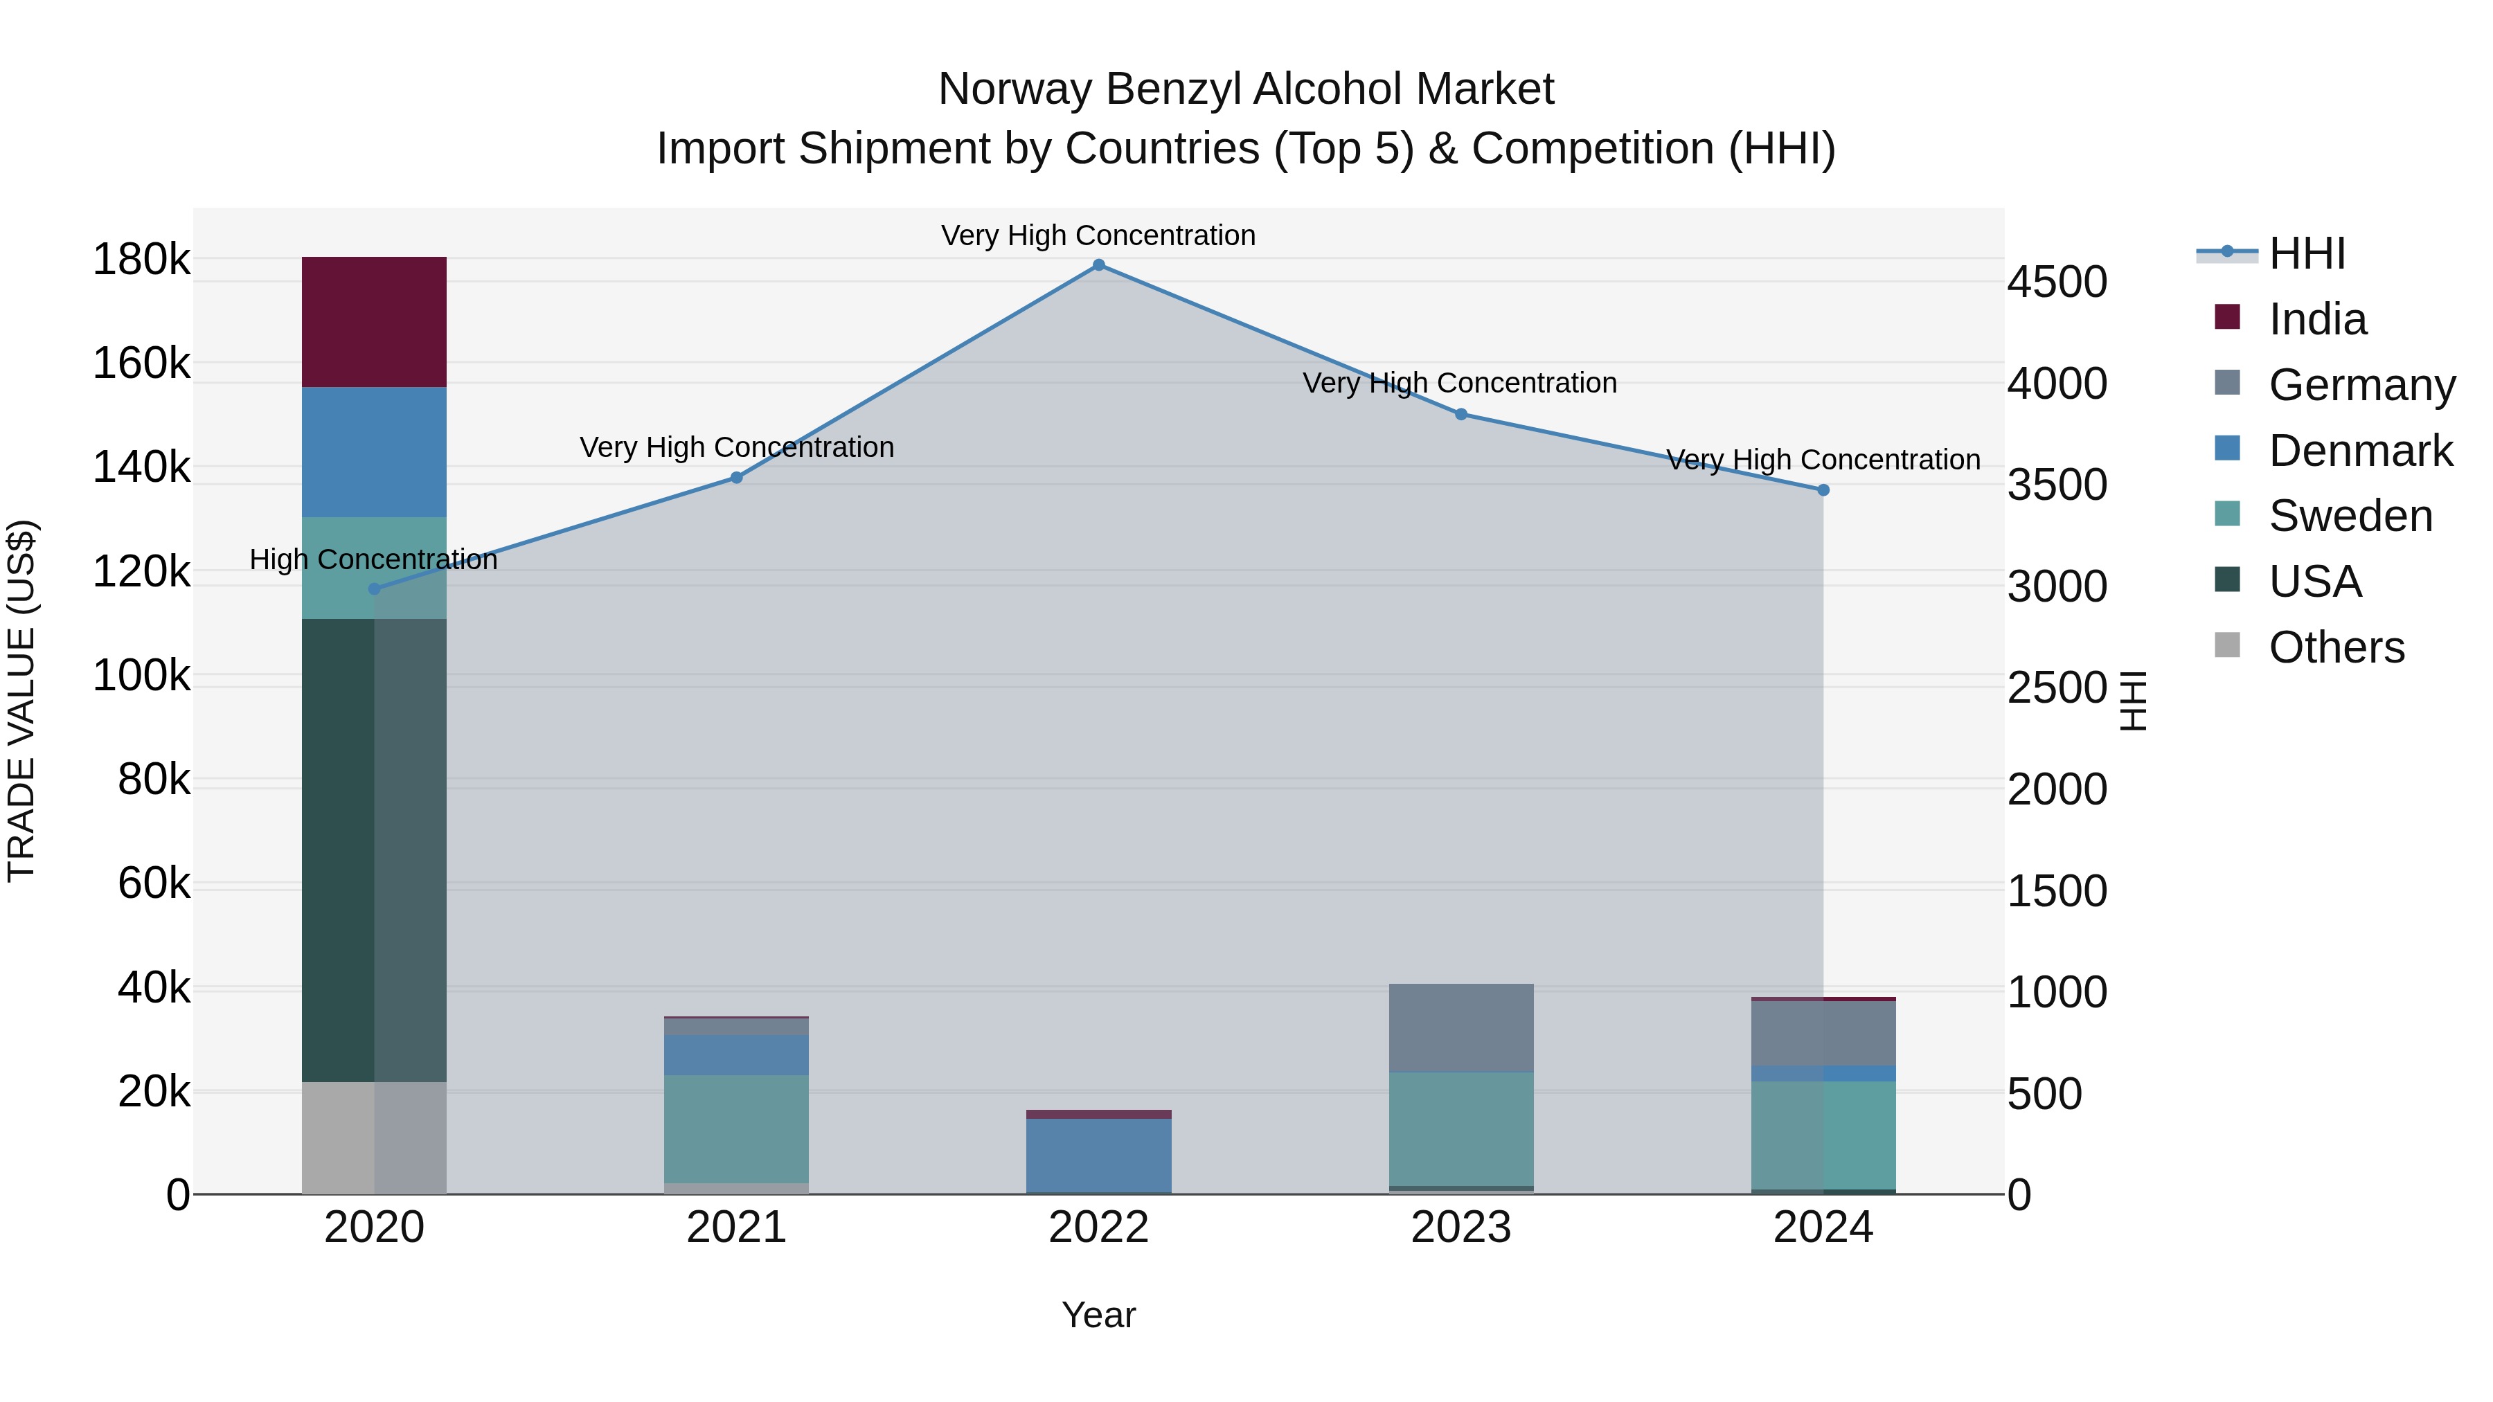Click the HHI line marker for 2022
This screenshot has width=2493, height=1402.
1098,265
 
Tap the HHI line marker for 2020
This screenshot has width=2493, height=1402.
375,588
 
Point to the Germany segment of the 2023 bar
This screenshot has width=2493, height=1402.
1460,1027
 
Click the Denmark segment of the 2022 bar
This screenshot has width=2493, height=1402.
1098,1156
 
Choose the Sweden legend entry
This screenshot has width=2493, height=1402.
2350,516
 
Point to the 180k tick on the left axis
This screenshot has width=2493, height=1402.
141,260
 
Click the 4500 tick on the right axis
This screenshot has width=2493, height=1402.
2057,282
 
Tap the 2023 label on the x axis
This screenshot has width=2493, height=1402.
1460,1228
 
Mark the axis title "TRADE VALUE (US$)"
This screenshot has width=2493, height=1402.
21,701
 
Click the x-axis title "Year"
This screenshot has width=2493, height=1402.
1098,1315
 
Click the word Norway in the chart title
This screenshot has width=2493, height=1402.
1015,89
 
